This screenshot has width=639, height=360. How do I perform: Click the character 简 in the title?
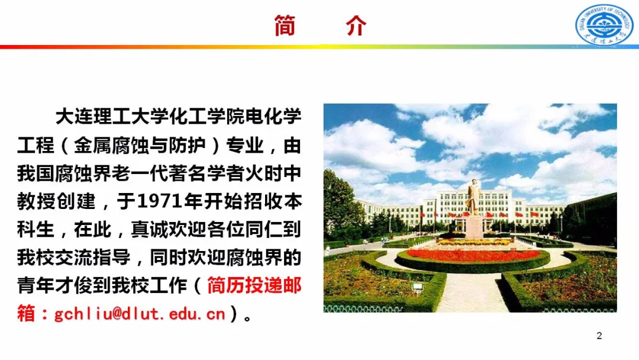285,26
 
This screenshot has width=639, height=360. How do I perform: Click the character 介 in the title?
356,26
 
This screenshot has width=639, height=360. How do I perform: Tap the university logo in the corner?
604,25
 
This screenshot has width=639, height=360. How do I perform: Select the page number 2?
599,336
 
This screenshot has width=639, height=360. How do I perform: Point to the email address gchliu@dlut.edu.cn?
140,313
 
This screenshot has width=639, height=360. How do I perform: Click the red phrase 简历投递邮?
254,287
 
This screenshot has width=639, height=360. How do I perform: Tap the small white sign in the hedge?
418,287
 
